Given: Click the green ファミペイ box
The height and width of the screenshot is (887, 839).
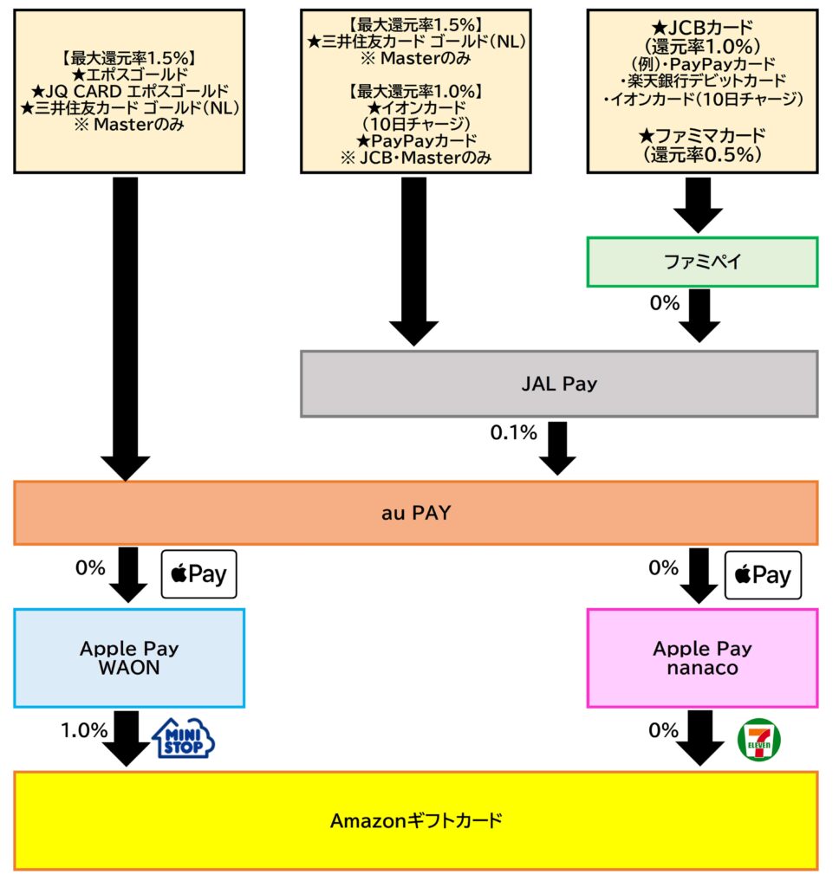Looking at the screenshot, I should [x=702, y=262].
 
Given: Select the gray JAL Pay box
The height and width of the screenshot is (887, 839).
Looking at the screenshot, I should [x=559, y=384].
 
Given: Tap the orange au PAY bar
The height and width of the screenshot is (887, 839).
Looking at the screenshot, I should [x=416, y=513].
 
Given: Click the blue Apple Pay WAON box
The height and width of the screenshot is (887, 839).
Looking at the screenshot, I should [x=129, y=658].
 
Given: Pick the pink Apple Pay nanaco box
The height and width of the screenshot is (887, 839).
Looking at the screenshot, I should [x=702, y=658].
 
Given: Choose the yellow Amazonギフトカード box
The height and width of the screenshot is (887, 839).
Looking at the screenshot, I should [x=416, y=820].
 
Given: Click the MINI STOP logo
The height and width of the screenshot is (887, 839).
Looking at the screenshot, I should [x=183, y=739].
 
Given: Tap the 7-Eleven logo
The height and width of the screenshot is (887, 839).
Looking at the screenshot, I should [x=758, y=741].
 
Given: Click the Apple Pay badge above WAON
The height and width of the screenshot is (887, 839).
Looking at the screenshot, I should [x=199, y=574].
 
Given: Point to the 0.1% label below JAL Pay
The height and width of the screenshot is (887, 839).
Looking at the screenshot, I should [x=513, y=433].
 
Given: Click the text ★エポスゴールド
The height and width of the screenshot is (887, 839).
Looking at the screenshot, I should [x=130, y=75].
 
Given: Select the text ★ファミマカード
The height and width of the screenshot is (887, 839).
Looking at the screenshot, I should [x=702, y=135].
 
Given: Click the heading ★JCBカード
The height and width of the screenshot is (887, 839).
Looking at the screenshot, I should [x=702, y=28].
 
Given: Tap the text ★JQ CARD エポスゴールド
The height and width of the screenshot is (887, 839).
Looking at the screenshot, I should [x=130, y=92].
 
